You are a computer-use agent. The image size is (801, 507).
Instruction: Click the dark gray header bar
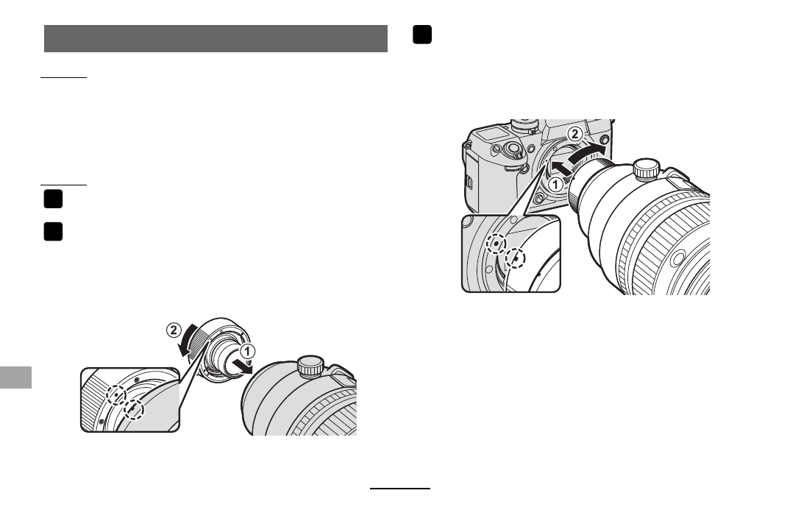(x=216, y=38)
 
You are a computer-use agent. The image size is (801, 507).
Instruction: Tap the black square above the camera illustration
(x=422, y=35)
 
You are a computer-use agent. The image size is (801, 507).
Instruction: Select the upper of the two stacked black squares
(x=53, y=199)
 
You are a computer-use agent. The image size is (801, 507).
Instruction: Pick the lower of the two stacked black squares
(x=53, y=232)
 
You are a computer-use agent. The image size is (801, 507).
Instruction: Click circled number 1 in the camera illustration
(x=555, y=185)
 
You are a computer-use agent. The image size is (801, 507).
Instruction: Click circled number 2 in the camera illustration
(x=575, y=135)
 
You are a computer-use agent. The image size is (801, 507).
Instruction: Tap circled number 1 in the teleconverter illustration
(x=247, y=352)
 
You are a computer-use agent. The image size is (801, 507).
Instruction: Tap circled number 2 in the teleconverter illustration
(x=174, y=330)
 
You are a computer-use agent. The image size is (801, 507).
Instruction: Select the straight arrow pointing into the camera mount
(x=562, y=166)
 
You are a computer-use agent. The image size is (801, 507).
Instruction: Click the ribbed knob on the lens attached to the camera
(x=647, y=169)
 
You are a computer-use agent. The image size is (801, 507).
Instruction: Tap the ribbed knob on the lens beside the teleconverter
(x=310, y=366)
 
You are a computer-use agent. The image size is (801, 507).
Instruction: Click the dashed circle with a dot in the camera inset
(x=496, y=244)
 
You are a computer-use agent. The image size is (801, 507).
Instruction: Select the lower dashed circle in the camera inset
(x=516, y=258)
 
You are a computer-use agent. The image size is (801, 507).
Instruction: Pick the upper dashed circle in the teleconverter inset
(x=116, y=394)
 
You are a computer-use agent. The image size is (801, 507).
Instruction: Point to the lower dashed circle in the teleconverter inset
(x=135, y=409)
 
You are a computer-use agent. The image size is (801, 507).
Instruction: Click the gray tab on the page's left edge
(x=16, y=377)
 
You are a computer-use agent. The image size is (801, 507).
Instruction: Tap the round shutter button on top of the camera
(x=513, y=150)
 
